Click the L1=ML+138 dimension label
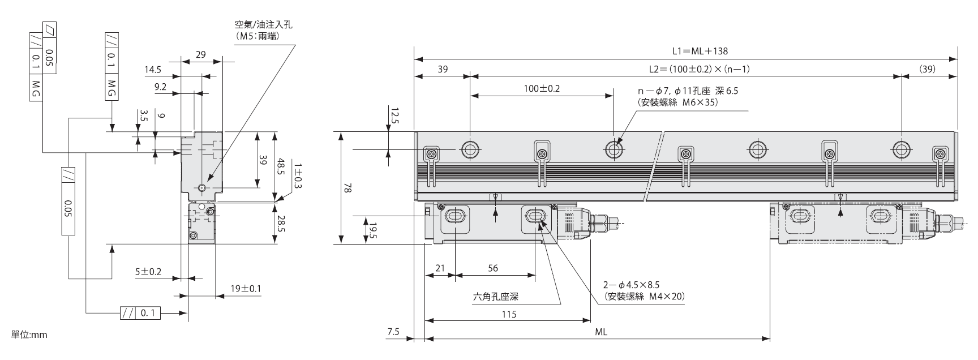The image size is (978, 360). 700,51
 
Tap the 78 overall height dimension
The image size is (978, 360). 348,188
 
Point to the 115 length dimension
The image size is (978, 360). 509,314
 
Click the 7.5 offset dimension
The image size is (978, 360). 393,332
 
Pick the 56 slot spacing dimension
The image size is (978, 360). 493,268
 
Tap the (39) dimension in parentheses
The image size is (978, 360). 927,70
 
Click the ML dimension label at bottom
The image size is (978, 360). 601,332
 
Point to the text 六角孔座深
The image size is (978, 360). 495,296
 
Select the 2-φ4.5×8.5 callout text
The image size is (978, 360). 632,285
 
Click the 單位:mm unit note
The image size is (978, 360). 29,335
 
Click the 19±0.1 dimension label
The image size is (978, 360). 246,289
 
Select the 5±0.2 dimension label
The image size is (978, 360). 148,272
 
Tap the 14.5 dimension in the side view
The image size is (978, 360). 153,70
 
